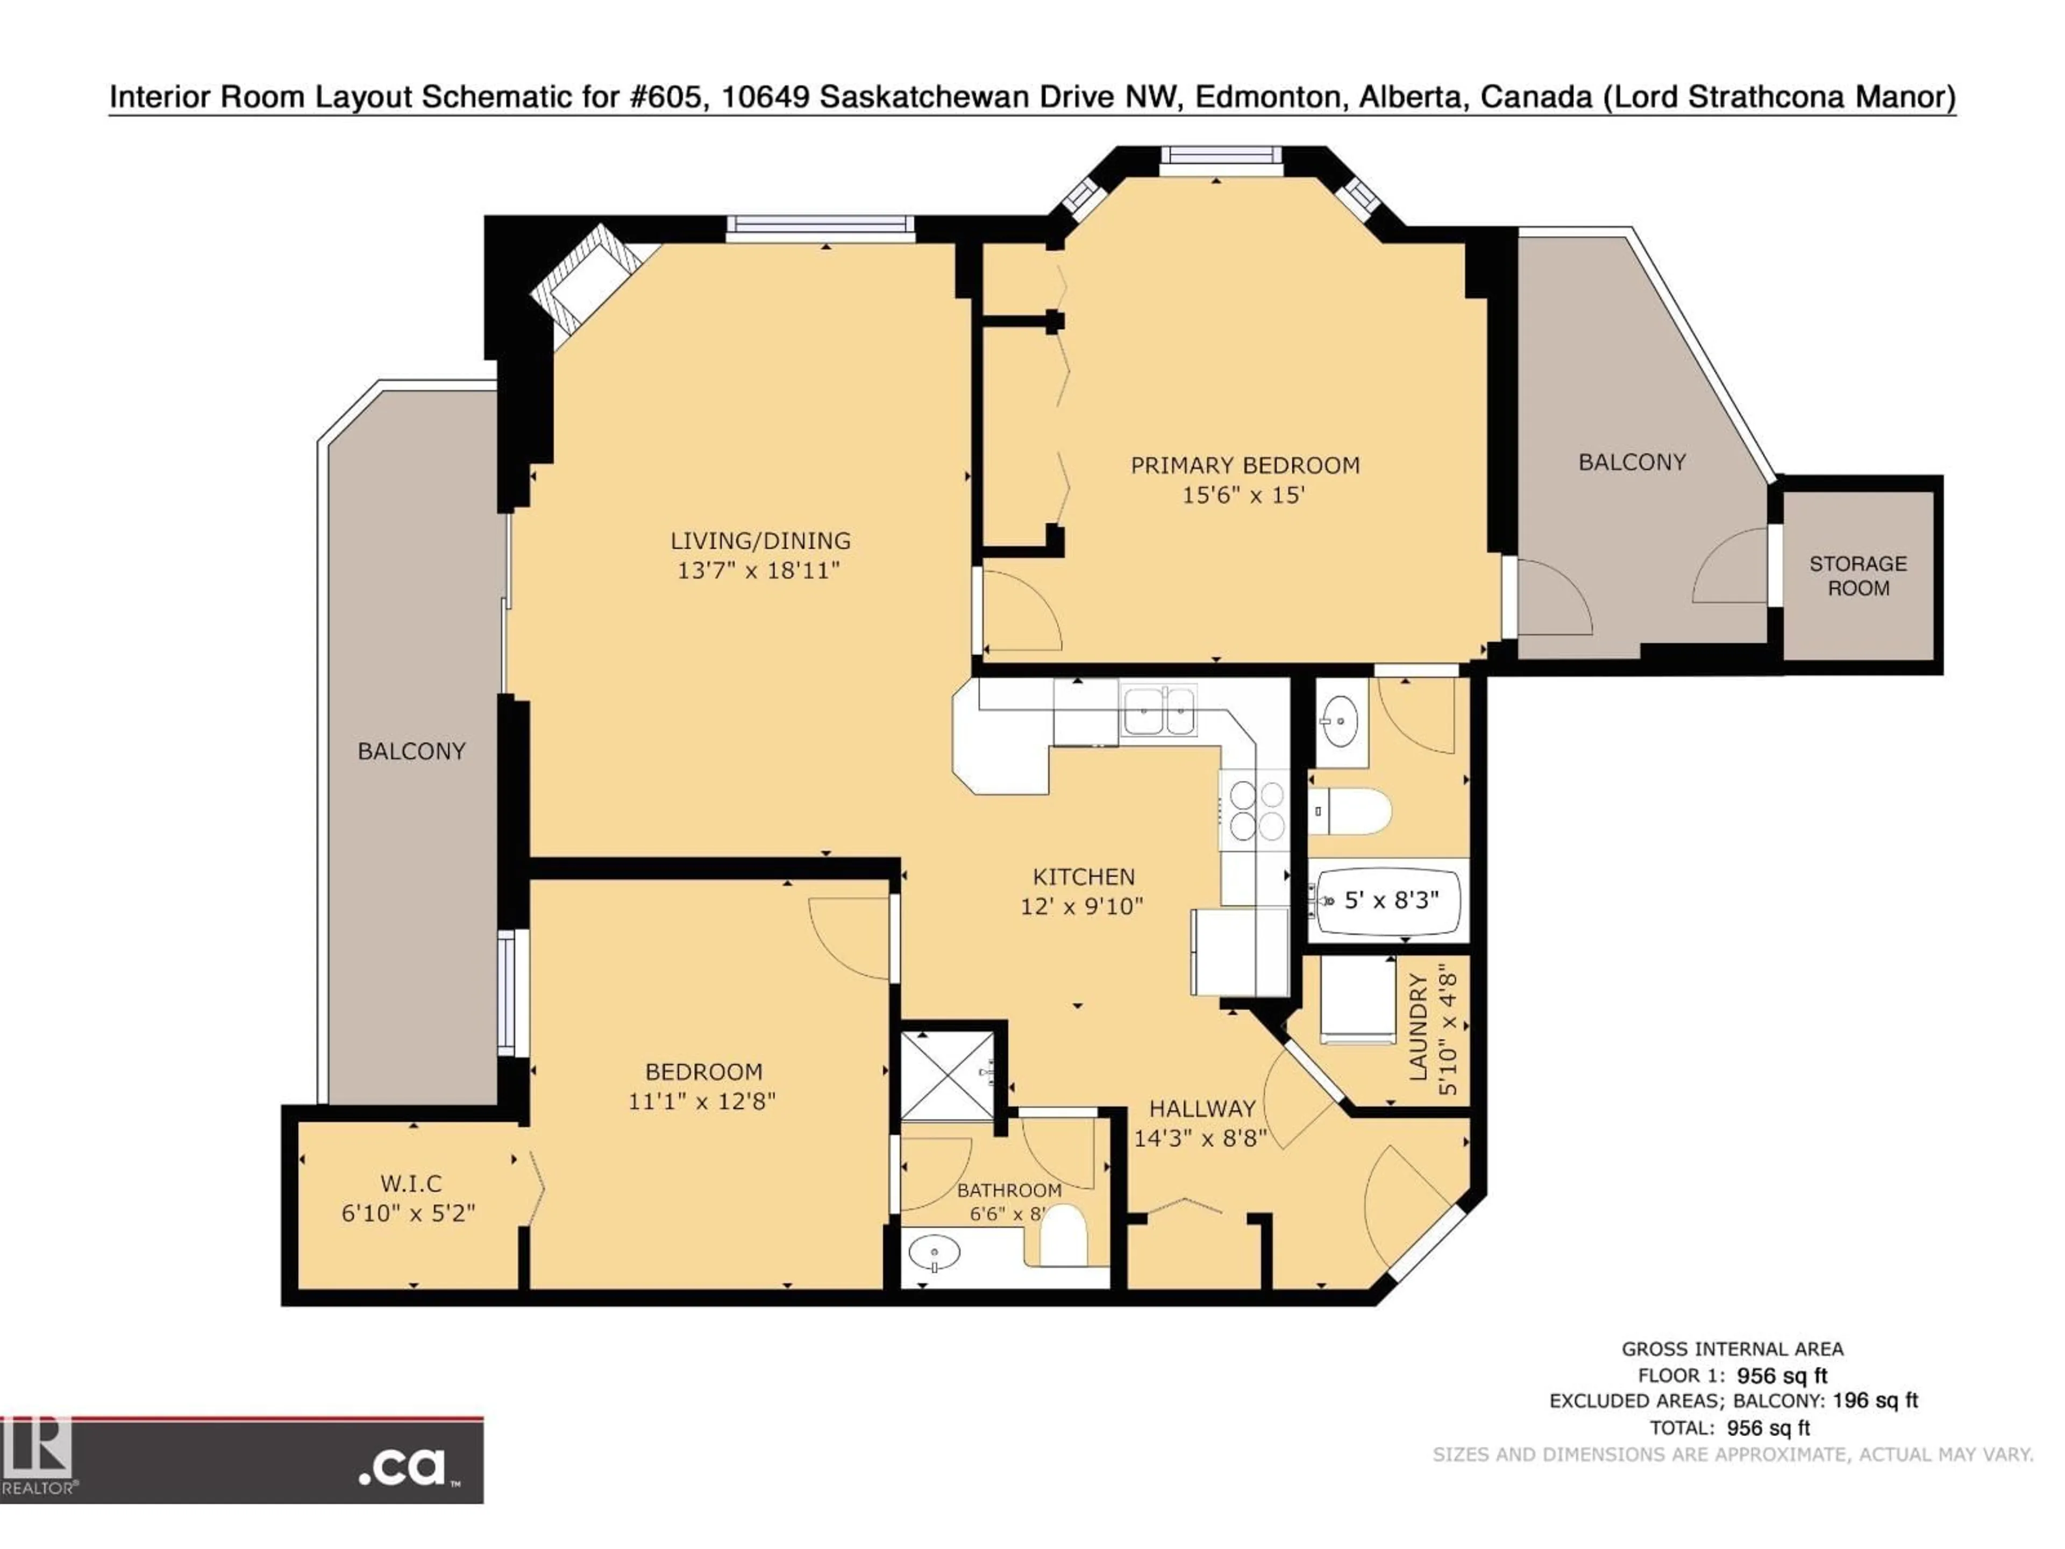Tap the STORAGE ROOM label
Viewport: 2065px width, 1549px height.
pos(1858,575)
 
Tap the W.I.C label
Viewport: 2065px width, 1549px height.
pos(411,1184)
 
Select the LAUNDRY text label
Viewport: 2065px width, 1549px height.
pos(1418,1027)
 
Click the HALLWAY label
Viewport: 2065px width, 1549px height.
pos(1201,1109)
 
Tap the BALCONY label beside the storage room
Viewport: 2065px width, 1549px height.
pos(1632,462)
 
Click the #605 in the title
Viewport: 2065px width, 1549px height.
pos(665,97)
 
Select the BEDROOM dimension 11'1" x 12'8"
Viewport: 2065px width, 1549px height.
pos(701,1101)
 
